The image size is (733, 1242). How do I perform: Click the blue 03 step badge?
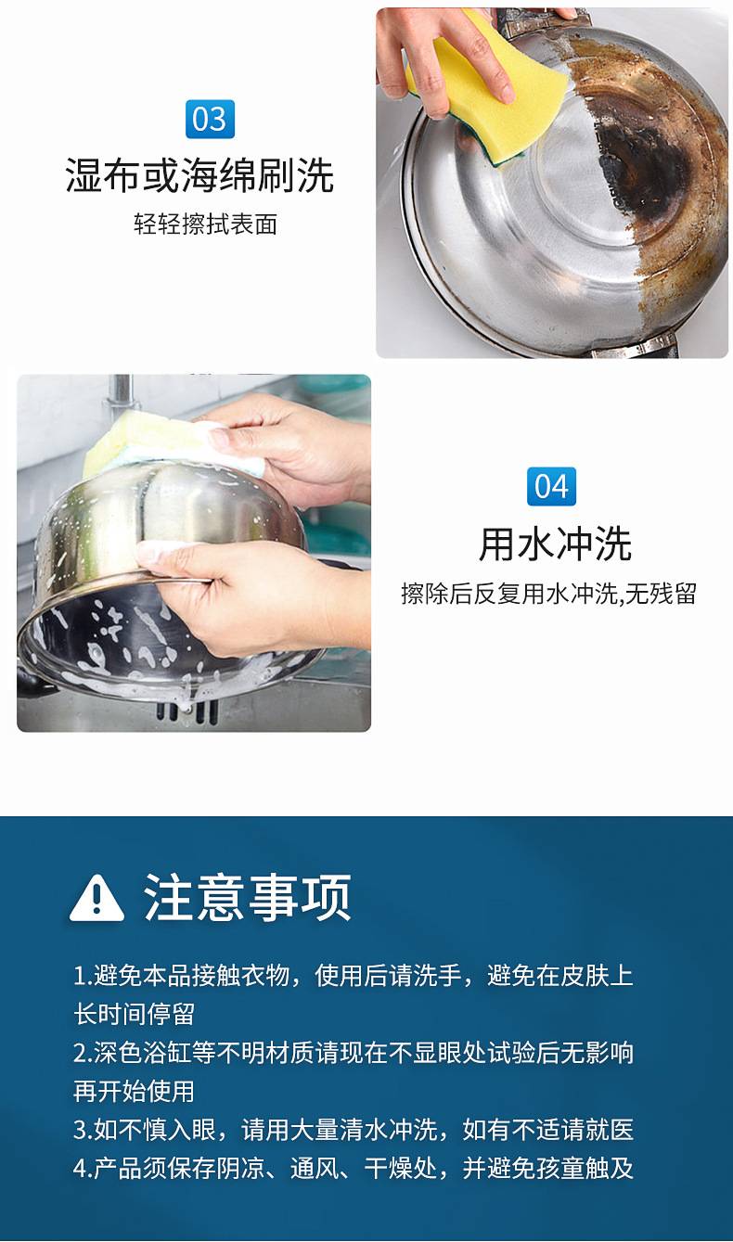point(210,120)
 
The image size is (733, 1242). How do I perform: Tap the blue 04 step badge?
point(551,486)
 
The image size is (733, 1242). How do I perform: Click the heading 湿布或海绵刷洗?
point(199,175)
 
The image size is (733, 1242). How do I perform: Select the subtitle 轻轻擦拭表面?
point(205,224)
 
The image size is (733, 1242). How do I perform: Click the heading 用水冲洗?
point(555,544)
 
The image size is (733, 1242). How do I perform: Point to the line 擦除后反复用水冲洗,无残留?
point(548,594)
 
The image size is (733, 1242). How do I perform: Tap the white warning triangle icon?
point(96,898)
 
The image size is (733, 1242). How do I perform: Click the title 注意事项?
point(248,898)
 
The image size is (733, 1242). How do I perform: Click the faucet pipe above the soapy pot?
point(121,393)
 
